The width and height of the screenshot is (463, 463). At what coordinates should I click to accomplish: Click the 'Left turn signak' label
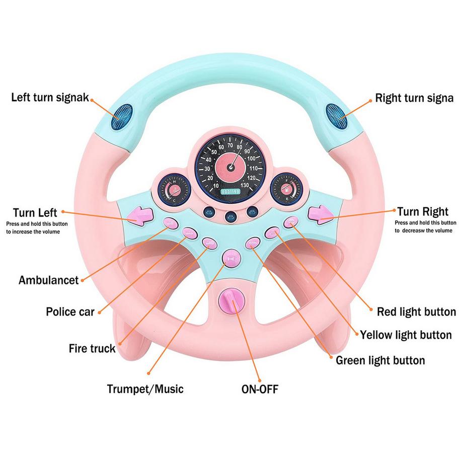click(x=50, y=97)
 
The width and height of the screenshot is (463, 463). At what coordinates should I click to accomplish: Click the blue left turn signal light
click(x=121, y=113)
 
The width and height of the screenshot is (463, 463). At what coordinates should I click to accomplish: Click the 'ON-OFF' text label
click(x=260, y=389)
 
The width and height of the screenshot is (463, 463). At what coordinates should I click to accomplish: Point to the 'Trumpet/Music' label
click(x=145, y=389)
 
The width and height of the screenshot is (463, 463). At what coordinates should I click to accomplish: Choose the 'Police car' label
click(x=70, y=312)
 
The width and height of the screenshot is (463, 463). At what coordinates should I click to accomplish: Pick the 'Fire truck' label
click(x=92, y=348)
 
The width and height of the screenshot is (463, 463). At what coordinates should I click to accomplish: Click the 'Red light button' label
click(x=416, y=312)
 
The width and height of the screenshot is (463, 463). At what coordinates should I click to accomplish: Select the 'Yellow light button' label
click(x=405, y=335)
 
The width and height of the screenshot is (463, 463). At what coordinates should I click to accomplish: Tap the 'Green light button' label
click(x=380, y=360)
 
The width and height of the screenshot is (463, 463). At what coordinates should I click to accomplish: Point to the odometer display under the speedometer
click(x=229, y=191)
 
